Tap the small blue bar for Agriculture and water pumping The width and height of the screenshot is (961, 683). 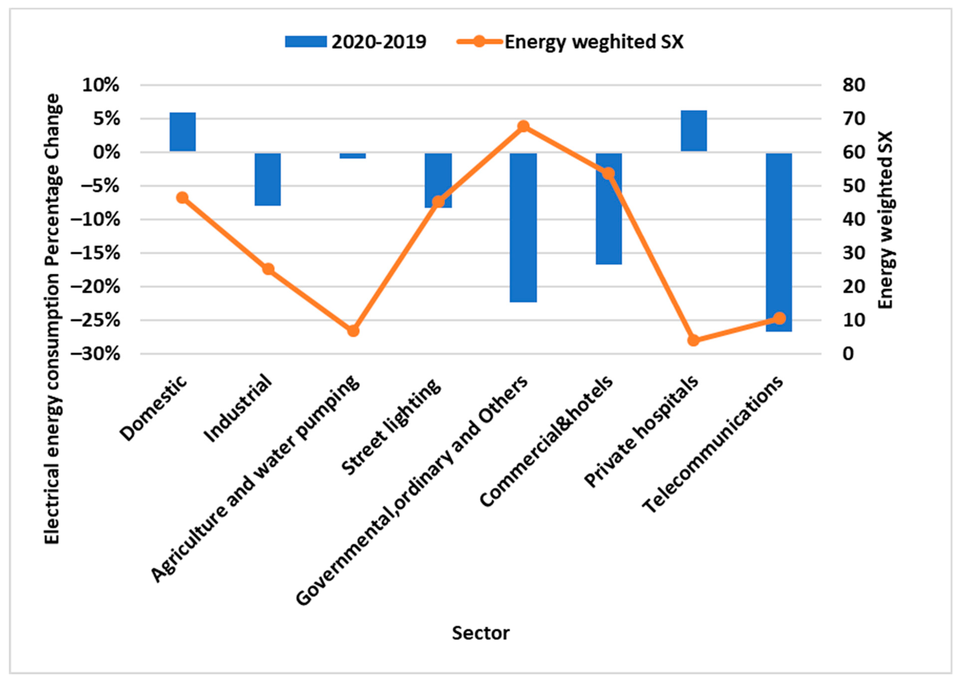pyautogui.click(x=353, y=156)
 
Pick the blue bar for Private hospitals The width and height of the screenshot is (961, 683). pyautogui.click(x=694, y=131)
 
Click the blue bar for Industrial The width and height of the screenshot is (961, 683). pyautogui.click(x=267, y=179)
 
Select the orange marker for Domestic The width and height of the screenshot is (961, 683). pyautogui.click(x=182, y=198)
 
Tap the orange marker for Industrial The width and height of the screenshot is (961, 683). pyautogui.click(x=268, y=269)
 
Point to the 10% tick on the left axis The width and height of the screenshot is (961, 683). pyautogui.click(x=101, y=85)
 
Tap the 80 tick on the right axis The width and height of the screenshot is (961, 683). pyautogui.click(x=853, y=85)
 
